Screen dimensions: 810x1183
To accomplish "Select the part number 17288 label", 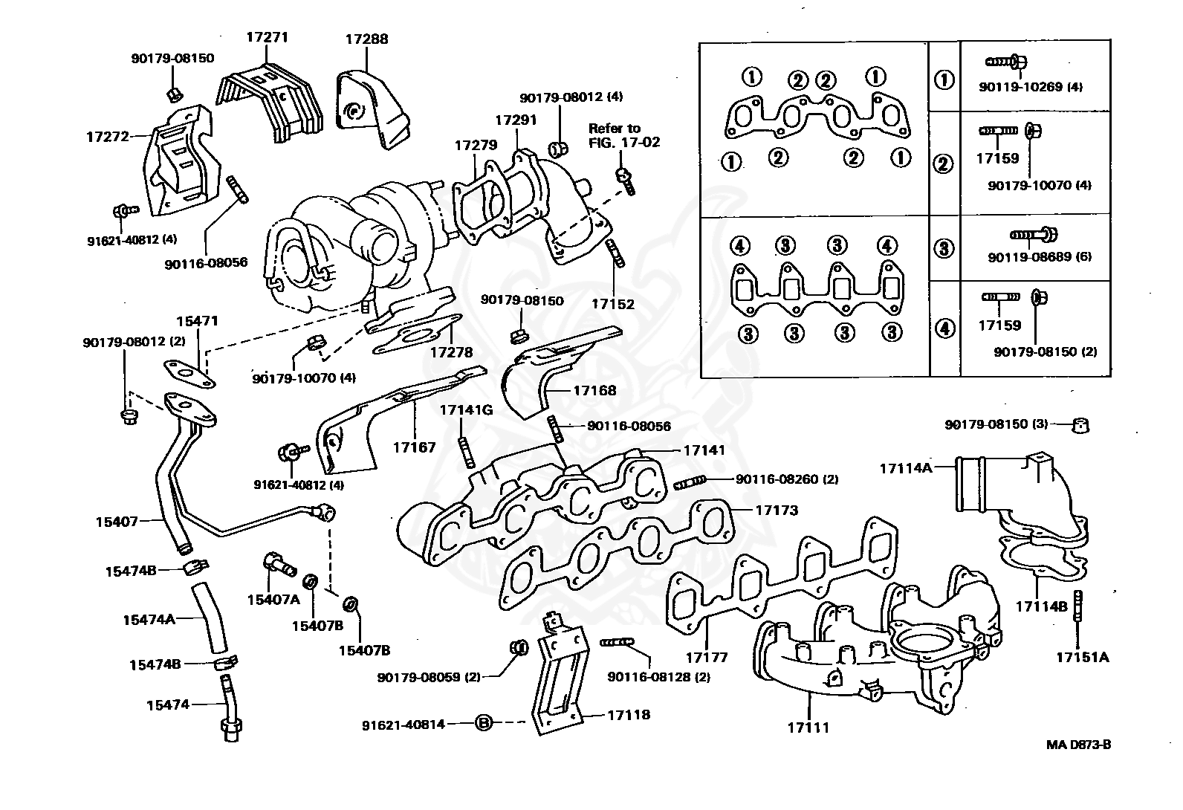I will pyautogui.click(x=366, y=39).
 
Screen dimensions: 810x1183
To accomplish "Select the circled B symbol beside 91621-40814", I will pyautogui.click(x=483, y=722).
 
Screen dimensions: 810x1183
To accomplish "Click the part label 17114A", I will pyautogui.click(x=905, y=468).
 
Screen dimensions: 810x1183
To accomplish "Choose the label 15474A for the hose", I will pyautogui.click(x=149, y=618).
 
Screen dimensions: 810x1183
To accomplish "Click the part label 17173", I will pyautogui.click(x=777, y=510).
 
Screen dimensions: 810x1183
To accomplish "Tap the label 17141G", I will pyautogui.click(x=466, y=409).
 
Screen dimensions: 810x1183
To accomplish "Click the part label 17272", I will pyautogui.click(x=108, y=137).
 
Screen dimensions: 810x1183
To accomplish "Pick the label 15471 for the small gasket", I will pyautogui.click(x=197, y=321).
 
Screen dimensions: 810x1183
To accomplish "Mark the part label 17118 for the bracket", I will pyautogui.click(x=629, y=715).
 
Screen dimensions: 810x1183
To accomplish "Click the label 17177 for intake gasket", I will pyautogui.click(x=706, y=657).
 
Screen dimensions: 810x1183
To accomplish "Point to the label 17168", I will pyautogui.click(x=594, y=389).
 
